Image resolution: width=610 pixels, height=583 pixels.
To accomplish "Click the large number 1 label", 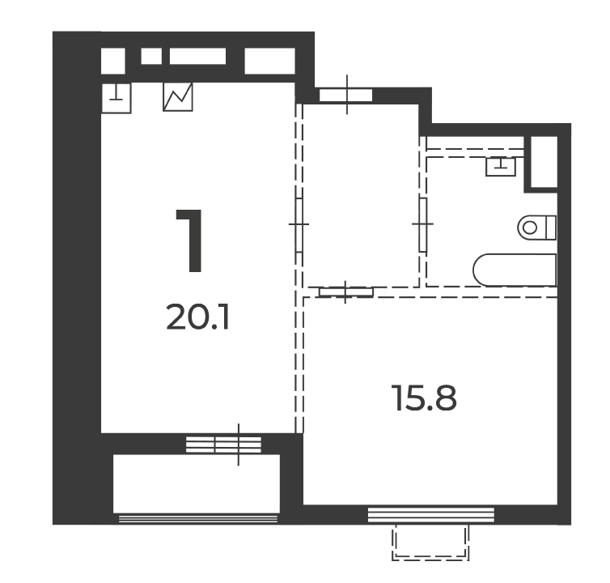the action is pos(190,240).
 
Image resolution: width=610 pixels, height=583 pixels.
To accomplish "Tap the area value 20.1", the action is pos(197,317).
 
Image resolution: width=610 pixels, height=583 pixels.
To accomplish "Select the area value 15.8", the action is pos(424,398).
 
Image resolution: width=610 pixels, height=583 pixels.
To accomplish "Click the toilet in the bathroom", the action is pos(537,228).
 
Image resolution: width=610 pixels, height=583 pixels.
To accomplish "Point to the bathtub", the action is pos(515,270).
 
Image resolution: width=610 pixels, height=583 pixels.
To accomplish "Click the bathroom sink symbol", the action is pos(500,166).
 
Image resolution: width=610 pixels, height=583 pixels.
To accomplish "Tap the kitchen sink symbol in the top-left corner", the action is pos(116,98).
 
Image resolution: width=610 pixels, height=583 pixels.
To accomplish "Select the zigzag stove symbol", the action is pos(178,96).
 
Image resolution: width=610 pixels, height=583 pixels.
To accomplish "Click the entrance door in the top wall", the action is pos(345,95).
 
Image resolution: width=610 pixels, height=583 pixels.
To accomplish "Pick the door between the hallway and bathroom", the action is pos(423,225).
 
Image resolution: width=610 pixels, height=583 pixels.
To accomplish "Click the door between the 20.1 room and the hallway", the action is pos(299,225).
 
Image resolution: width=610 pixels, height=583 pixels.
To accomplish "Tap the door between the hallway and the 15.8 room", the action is pos(345,291).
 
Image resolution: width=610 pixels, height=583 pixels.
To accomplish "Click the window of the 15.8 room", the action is pos(431,514).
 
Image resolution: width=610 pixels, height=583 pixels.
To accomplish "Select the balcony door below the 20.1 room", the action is pos(223,445).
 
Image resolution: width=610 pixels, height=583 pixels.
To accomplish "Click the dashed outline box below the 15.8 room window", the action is pos(430,542).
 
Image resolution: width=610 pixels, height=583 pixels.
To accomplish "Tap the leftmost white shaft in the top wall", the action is pos(112,61).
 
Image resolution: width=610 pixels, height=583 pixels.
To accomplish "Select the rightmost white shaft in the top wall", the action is pos(269,61).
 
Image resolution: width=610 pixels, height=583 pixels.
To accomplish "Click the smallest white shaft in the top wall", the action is pos(151,56).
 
